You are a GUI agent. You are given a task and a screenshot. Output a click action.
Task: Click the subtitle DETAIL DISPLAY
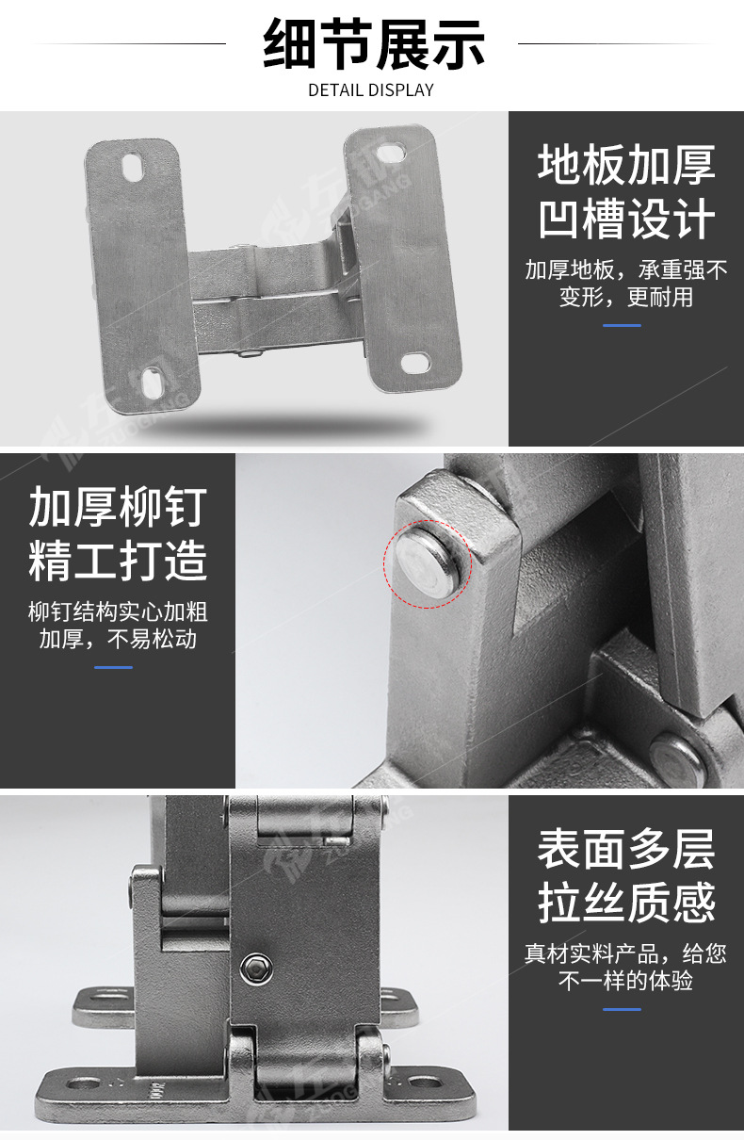point(371,90)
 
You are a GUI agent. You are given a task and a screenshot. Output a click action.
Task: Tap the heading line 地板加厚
point(626,164)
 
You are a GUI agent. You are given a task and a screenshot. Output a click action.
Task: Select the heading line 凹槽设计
point(626,220)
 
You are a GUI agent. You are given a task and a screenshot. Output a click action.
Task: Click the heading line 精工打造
point(118,561)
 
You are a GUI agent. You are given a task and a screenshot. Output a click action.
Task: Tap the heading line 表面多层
point(626,848)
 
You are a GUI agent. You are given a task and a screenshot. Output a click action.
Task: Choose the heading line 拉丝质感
point(626,904)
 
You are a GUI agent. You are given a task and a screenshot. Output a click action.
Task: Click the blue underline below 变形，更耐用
point(622,325)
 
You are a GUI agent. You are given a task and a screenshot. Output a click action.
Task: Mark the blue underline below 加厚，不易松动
point(113,667)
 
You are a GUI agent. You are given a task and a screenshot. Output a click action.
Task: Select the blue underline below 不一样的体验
point(622,1009)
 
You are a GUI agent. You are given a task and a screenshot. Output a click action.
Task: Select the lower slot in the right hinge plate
point(415,363)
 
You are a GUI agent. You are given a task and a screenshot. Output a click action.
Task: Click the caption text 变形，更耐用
point(626,297)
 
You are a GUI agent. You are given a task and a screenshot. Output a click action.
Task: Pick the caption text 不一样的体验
point(626,981)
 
